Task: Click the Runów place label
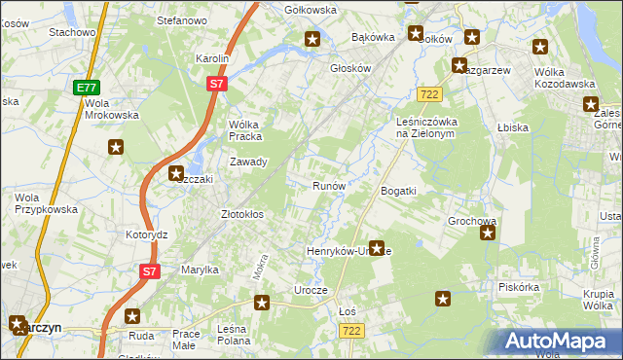click(328, 186)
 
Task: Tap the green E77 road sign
click(85, 88)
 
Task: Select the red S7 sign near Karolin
click(217, 86)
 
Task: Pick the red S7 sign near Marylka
click(148, 272)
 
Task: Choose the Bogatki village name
click(398, 191)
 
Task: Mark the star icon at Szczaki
click(177, 175)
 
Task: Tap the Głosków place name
click(351, 68)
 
